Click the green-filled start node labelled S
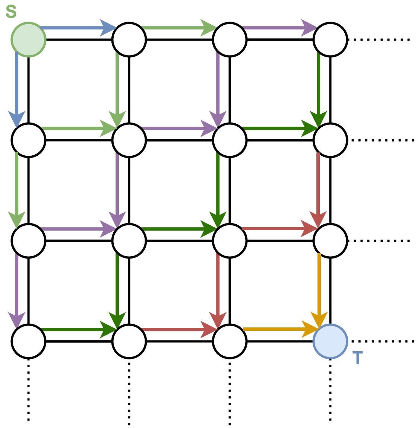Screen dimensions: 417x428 pyautogui.click(x=29, y=39)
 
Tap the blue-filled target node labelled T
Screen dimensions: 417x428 pyautogui.click(x=330, y=341)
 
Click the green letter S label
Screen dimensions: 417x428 pyautogui.click(x=11, y=12)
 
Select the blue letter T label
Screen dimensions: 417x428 pyautogui.click(x=357, y=358)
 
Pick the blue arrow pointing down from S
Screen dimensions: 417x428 pyautogui.click(x=17, y=86)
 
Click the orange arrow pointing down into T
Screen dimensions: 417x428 pyautogui.click(x=319, y=287)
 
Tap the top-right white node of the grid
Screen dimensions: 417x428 pyautogui.click(x=330, y=39)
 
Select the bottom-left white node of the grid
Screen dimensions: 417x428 pyautogui.click(x=29, y=341)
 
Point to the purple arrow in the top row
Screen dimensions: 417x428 pyautogui.click(x=278, y=28)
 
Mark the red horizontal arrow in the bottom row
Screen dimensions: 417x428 pyautogui.click(x=177, y=329)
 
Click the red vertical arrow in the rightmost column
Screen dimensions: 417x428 pyautogui.click(x=318, y=186)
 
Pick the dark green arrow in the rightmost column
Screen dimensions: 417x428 pyautogui.click(x=319, y=86)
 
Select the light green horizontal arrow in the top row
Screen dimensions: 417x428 pyautogui.click(x=177, y=28)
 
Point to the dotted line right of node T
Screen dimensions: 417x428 pyautogui.click(x=382, y=341)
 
